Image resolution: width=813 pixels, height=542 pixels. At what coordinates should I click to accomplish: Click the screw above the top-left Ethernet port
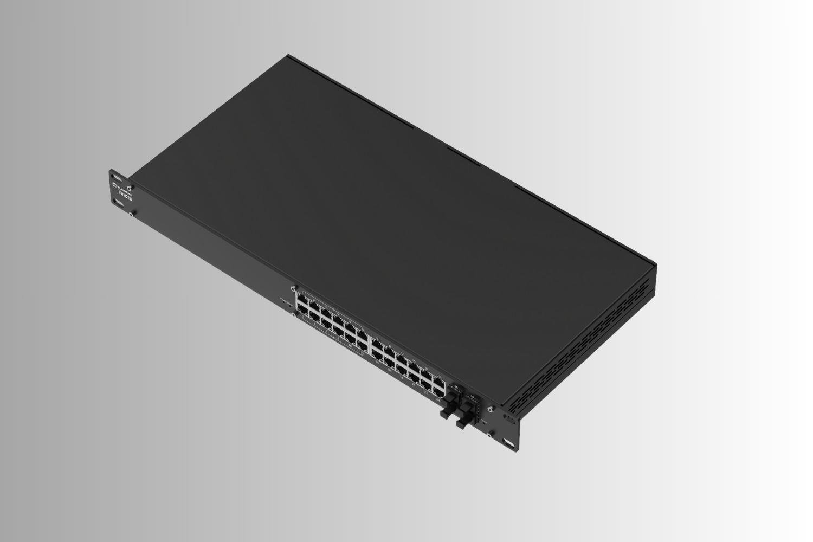(x=294, y=288)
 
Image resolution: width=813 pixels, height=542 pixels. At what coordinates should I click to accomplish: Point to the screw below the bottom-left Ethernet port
(x=293, y=314)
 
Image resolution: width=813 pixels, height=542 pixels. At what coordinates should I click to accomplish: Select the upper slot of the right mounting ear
(x=510, y=419)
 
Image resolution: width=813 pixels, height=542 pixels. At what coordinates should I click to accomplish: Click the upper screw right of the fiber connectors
(x=490, y=409)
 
